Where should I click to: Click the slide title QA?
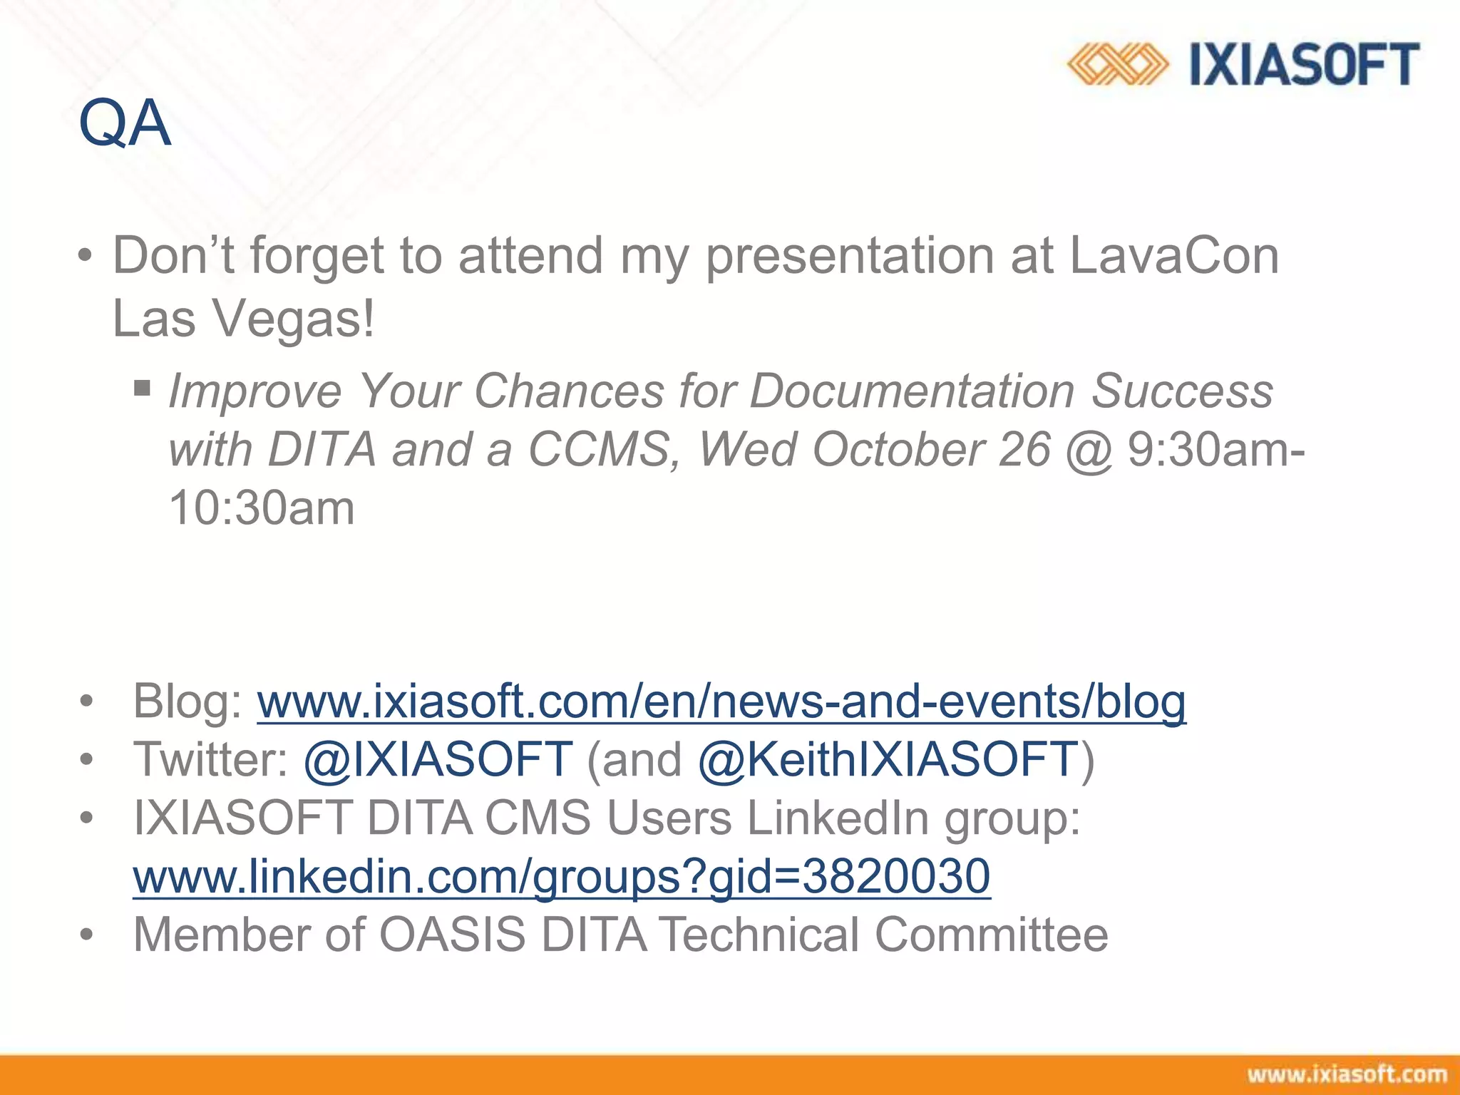point(125,124)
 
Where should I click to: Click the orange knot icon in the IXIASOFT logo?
point(1117,64)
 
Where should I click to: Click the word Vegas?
point(294,319)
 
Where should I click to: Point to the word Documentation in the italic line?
point(912,391)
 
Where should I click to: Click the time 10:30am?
point(262,508)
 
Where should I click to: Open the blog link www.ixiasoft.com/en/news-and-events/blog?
point(721,701)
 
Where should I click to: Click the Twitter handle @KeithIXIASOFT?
point(888,759)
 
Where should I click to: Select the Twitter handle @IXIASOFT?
point(438,759)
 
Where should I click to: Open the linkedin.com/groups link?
point(562,876)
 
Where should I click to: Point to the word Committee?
point(991,935)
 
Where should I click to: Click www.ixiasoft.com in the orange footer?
point(1347,1074)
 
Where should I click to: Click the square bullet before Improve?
point(143,389)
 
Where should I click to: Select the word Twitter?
point(210,759)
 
